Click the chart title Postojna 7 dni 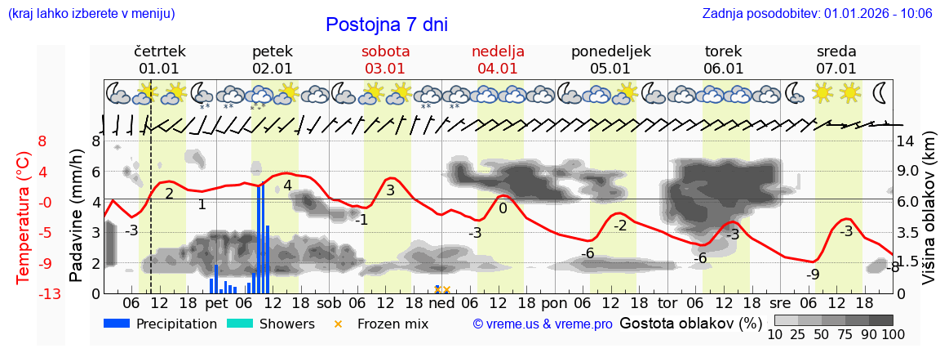coord(387,25)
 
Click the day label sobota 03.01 coord(386,60)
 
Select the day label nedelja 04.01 coord(498,60)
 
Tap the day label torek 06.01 coord(723,60)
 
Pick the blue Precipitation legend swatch coord(117,324)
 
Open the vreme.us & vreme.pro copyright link coord(543,324)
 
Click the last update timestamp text coord(817,13)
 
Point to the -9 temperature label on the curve coord(813,275)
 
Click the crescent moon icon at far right coord(881,92)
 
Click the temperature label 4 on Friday coord(287,185)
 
